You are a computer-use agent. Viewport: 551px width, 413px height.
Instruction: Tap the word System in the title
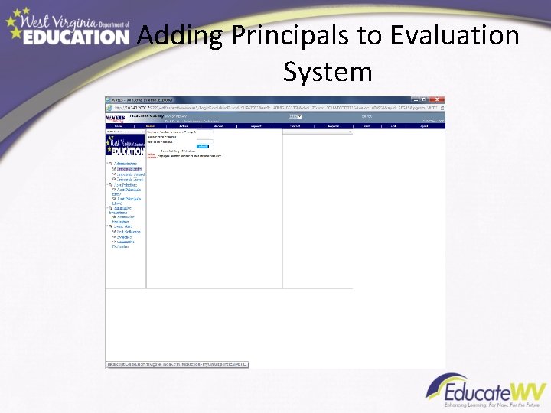click(x=328, y=72)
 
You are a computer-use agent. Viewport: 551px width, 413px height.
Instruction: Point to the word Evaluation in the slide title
click(x=454, y=36)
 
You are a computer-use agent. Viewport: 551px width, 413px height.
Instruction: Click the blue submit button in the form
click(x=202, y=146)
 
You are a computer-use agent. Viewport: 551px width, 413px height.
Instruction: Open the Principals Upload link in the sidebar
click(x=131, y=174)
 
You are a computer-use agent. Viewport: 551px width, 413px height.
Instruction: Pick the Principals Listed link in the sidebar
click(x=129, y=180)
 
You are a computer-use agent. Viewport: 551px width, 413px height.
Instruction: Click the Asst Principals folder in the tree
click(x=127, y=185)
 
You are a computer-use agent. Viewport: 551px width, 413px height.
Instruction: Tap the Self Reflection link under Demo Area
click(x=129, y=232)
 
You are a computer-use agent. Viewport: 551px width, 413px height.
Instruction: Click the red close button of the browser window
click(x=439, y=99)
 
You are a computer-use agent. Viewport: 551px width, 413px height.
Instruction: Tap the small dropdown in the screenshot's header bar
click(x=294, y=116)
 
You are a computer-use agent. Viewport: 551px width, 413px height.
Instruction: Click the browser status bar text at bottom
click(x=177, y=365)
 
